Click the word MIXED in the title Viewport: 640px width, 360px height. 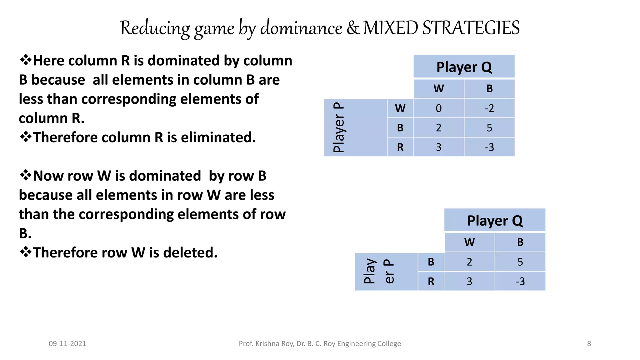(x=390, y=27)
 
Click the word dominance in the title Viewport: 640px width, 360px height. (x=301, y=28)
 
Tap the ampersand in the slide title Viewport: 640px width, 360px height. (x=353, y=28)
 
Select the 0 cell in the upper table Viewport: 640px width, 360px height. (x=438, y=108)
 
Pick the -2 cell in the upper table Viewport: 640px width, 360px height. (x=489, y=108)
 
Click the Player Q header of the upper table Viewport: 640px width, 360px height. (x=464, y=67)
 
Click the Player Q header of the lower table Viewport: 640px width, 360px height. (x=495, y=220)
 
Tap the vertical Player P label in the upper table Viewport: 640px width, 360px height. (x=339, y=127)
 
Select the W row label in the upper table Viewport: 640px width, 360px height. (x=400, y=108)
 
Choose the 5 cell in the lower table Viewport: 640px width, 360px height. (x=520, y=262)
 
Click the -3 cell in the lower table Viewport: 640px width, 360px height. (x=520, y=281)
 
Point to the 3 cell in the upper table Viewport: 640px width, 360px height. (x=438, y=147)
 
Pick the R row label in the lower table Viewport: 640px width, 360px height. (x=431, y=281)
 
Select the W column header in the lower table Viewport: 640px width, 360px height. (x=469, y=242)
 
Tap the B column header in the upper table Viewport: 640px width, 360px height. (x=489, y=89)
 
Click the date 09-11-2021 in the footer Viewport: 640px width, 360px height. (x=67, y=344)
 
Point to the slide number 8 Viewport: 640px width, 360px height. (x=589, y=344)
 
